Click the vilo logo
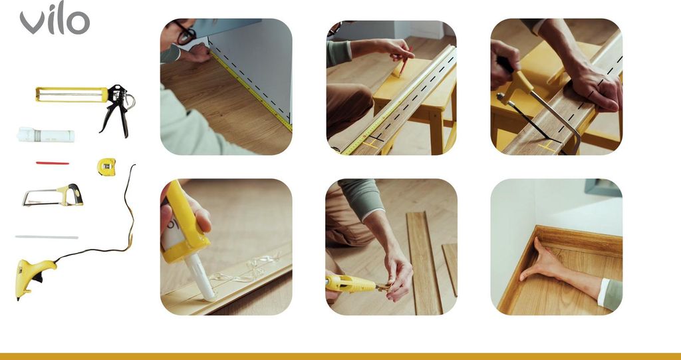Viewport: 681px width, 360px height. (x=55, y=18)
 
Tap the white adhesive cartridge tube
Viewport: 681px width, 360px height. (x=46, y=134)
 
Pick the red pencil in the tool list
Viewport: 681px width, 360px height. (x=52, y=163)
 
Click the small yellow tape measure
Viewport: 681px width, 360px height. (x=106, y=166)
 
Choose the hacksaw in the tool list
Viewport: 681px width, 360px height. (x=53, y=195)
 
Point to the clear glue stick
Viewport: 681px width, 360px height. (x=47, y=237)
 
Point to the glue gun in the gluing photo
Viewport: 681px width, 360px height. (x=350, y=284)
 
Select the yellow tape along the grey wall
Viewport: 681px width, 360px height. (x=251, y=90)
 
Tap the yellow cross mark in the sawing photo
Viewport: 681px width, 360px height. (x=548, y=146)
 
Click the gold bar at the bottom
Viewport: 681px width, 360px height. (x=340, y=357)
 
